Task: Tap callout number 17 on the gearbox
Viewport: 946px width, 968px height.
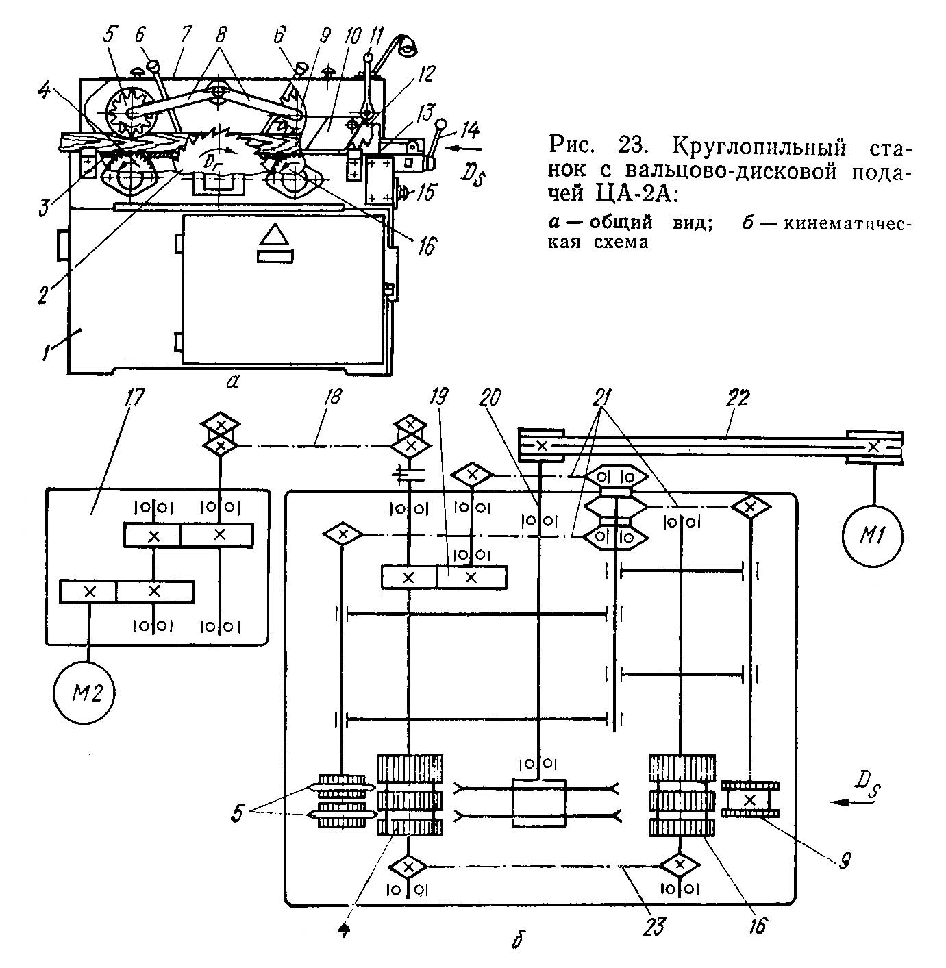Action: click(x=131, y=397)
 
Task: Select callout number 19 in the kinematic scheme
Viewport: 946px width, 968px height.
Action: click(x=439, y=397)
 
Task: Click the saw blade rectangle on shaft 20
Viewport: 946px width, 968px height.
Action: click(x=538, y=802)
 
